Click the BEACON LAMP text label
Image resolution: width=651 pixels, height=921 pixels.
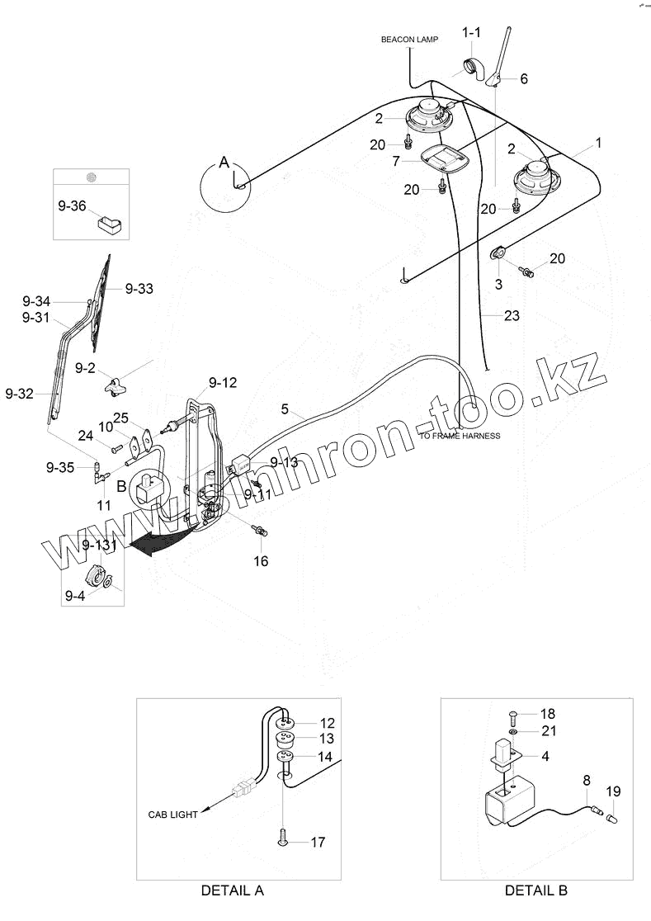pos(409,40)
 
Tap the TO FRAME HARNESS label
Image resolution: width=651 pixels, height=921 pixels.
pos(460,436)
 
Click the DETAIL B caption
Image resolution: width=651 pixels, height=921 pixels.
pos(536,890)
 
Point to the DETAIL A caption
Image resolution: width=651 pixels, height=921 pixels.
pos(233,890)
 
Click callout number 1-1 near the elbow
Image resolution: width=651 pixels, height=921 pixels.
pos(471,32)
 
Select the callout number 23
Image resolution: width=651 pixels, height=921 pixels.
pos(512,316)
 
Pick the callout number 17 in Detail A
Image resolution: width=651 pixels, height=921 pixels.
pos(318,843)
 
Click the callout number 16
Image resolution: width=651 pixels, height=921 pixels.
pos(261,561)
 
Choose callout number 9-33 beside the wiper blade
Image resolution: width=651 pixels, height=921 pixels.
pos(139,289)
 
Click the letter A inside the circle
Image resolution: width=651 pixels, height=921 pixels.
pos(224,163)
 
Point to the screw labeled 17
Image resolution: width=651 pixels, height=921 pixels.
pos(283,839)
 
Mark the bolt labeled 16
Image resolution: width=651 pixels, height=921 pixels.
pos(261,532)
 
